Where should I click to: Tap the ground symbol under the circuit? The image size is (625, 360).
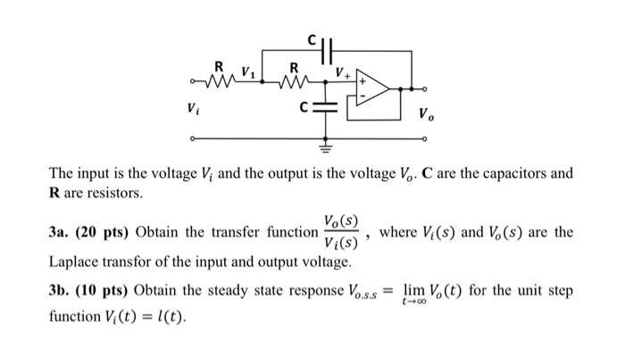[x=325, y=141]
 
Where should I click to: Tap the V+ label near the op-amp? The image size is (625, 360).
[x=341, y=71]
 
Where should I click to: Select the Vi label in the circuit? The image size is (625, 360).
[x=192, y=109]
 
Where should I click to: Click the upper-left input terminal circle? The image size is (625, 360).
[x=192, y=87]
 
